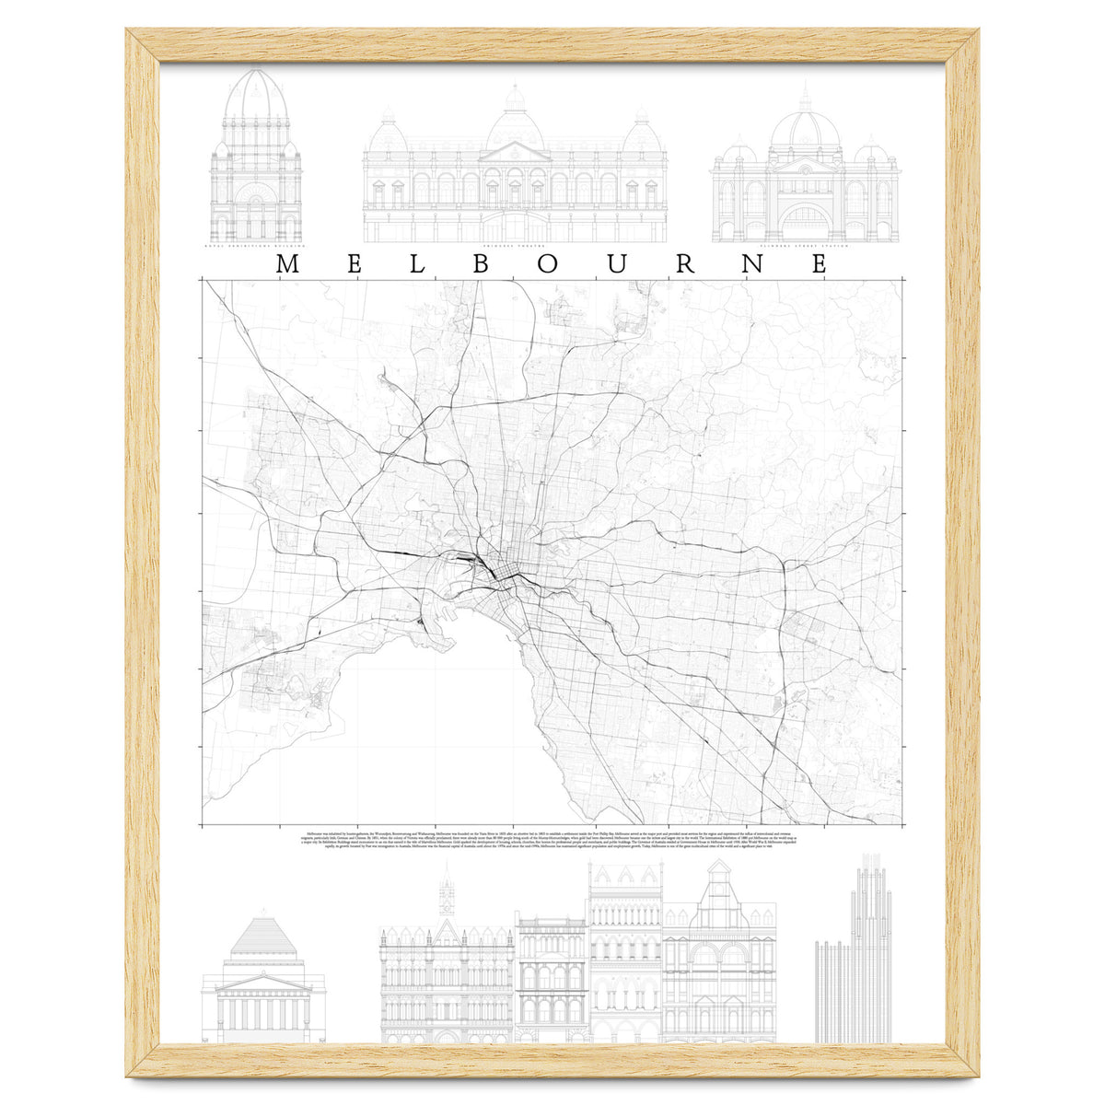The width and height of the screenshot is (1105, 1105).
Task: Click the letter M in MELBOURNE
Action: (x=286, y=264)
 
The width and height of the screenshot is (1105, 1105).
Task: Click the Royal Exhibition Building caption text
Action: (x=256, y=248)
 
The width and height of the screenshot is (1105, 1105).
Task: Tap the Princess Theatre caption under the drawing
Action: (x=515, y=248)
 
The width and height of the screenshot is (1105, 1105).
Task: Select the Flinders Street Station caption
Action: (x=805, y=248)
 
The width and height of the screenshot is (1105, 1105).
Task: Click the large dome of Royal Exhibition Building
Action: (x=256, y=97)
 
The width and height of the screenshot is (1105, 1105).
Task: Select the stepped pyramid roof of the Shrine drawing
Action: (x=263, y=937)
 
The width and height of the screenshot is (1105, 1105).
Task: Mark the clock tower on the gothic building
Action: (x=448, y=898)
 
